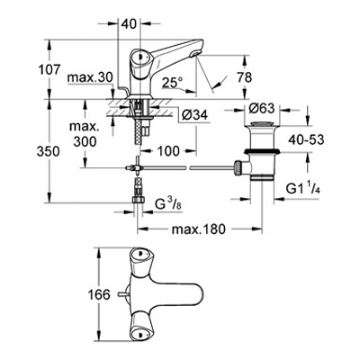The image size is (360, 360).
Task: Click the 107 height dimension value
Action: pyautogui.click(x=49, y=70)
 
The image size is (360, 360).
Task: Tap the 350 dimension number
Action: pyautogui.click(x=48, y=152)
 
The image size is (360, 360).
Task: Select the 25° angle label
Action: pyautogui.click(x=172, y=83)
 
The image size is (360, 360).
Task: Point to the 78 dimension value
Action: pyautogui.click(x=245, y=77)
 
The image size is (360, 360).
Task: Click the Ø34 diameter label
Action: pyautogui.click(x=195, y=114)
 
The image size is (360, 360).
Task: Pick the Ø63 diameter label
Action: pyautogui.click(x=262, y=108)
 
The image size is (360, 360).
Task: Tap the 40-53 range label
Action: pyautogui.click(x=306, y=139)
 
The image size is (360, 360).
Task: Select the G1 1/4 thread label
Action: pyautogui.click(x=303, y=189)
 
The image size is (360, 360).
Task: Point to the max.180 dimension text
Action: pyautogui.click(x=198, y=229)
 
